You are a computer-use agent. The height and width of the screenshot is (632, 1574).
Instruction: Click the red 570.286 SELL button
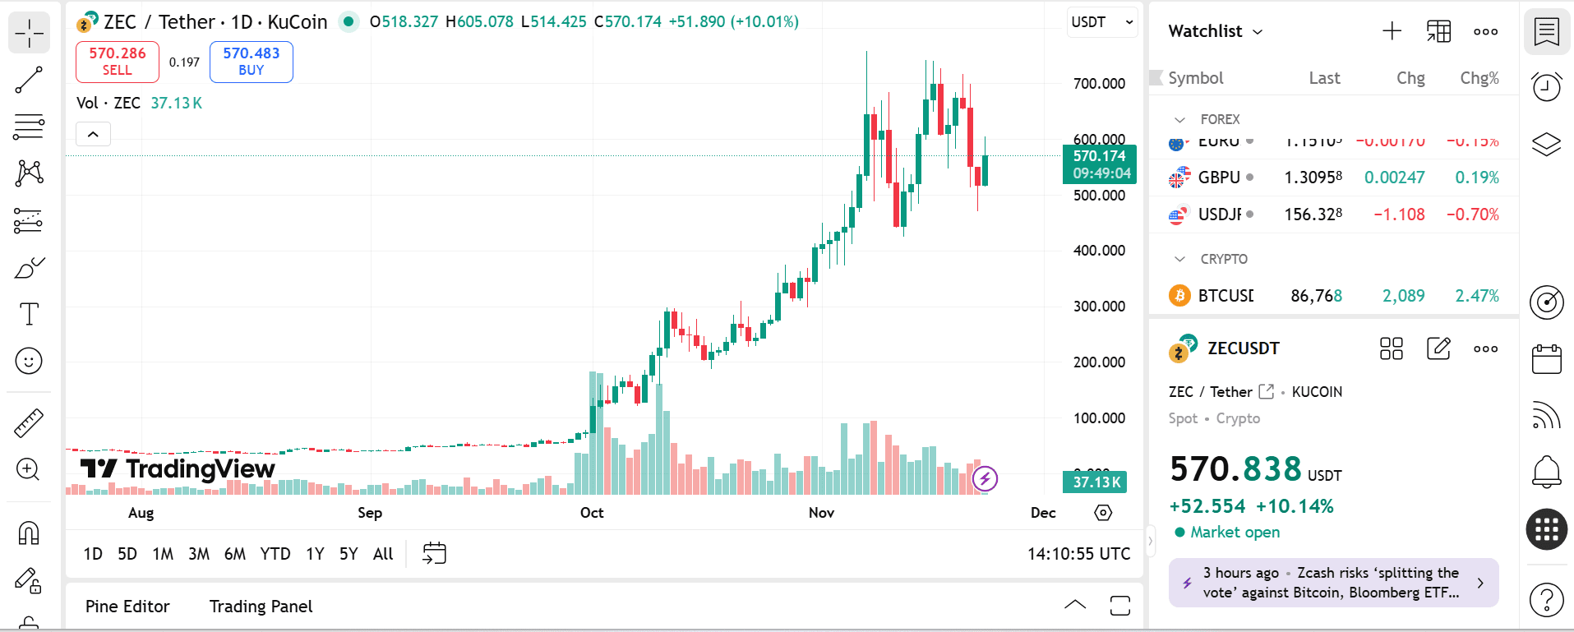coord(118,62)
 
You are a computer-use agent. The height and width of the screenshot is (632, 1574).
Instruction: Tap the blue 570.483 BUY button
coord(252,62)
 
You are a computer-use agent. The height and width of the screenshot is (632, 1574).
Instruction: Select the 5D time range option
coord(127,554)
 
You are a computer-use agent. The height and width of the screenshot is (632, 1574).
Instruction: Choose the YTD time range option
coord(275,554)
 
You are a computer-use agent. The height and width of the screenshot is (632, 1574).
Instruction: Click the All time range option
coord(383,554)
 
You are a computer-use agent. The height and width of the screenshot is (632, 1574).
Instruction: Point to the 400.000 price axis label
coord(1099,251)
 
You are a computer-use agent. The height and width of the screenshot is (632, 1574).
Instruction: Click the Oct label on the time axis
coord(592,513)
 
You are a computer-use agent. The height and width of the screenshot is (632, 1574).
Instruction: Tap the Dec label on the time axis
coord(1043,513)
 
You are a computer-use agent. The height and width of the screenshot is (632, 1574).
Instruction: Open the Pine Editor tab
coord(127,607)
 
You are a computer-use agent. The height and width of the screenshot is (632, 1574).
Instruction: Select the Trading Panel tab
coord(261,607)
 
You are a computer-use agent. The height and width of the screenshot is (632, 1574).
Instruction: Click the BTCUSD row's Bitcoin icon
coord(1179,296)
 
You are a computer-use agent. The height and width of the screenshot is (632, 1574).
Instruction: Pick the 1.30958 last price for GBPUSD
coord(1313,178)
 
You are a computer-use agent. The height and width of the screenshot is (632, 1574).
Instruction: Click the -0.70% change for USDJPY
coord(1477,215)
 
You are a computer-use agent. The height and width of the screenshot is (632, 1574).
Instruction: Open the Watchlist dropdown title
coord(1215,31)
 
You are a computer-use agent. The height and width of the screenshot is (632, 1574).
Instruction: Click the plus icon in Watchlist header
coord(1392,31)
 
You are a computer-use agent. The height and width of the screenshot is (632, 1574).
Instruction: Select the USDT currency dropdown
coord(1102,22)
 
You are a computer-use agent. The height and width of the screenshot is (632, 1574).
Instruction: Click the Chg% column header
coord(1479,78)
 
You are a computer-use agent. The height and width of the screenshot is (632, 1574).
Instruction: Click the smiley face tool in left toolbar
coord(29,361)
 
